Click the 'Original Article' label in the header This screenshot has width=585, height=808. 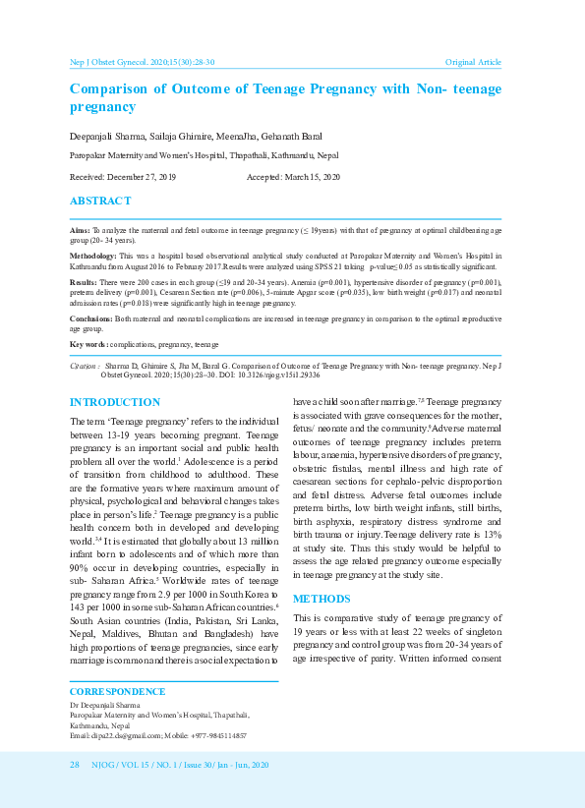coord(473,62)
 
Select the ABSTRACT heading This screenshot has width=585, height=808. coord(100,201)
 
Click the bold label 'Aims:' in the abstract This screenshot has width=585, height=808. coord(78,228)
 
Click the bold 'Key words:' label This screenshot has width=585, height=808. coord(88,345)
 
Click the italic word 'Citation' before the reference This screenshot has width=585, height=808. coord(83,365)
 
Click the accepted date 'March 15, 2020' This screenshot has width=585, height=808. coord(312,176)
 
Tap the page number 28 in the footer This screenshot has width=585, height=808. coord(74,765)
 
